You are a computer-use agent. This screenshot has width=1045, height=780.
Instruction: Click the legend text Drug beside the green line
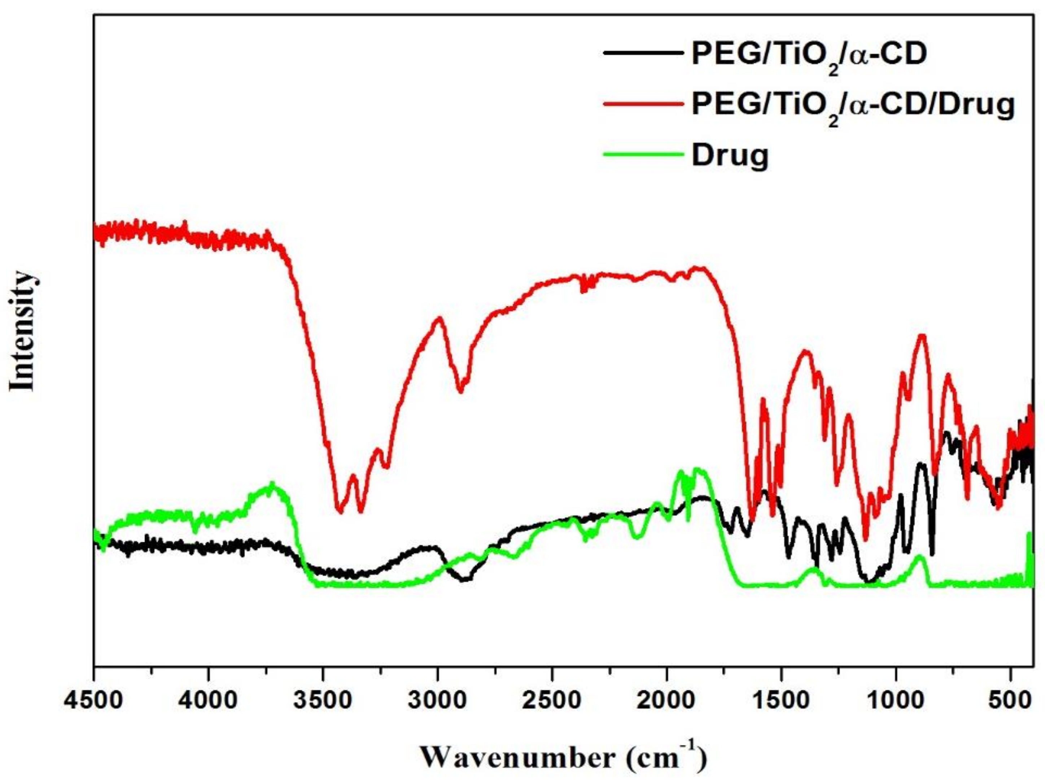pyautogui.click(x=730, y=156)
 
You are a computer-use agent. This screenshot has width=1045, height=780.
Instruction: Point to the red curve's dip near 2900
pyautogui.click(x=460, y=391)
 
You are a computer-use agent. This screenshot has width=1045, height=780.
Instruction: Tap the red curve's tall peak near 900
pyautogui.click(x=922, y=336)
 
